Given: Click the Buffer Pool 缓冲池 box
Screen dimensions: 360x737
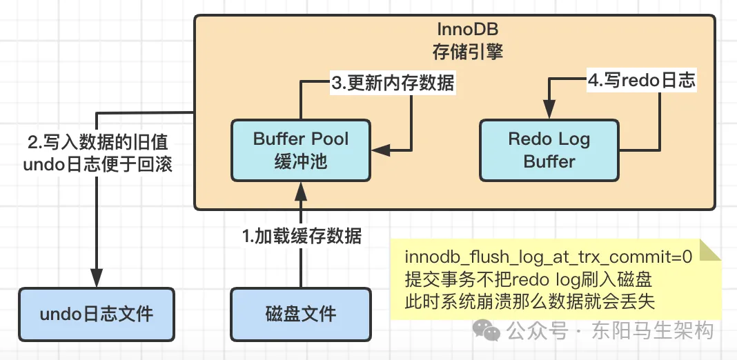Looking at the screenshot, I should coord(300,150).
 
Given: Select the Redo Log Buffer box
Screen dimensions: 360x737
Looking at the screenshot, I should coord(549,150).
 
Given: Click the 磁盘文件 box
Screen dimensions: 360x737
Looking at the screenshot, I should coord(300,314).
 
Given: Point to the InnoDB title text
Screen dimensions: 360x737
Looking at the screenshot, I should coord(467,30).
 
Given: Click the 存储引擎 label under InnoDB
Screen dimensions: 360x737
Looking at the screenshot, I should coord(467,52).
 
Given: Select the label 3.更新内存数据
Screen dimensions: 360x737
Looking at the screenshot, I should coord(393,83).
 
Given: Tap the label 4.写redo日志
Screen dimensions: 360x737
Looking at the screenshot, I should coord(641,81).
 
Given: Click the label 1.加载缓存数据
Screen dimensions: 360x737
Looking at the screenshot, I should coord(302,236).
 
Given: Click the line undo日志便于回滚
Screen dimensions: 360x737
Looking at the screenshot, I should coord(97,166).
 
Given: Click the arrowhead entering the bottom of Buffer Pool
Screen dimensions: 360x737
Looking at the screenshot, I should coord(300,188).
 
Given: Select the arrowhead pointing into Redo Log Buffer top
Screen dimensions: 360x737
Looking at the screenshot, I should coord(549,110).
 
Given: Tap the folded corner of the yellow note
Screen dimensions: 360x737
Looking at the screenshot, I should coord(710,250).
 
